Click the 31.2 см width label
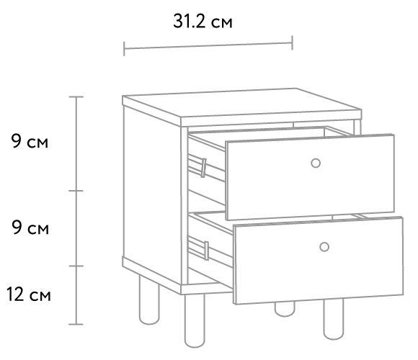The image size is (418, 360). pyautogui.click(x=203, y=22)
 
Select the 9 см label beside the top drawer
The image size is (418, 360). pyautogui.click(x=30, y=141)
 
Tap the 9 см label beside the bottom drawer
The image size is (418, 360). pyautogui.click(x=30, y=228)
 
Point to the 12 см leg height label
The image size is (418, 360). pyautogui.click(x=29, y=294)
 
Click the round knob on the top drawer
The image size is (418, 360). pyautogui.click(x=316, y=163)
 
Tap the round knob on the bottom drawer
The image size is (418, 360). pyautogui.click(x=324, y=247)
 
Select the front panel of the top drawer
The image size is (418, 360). pyautogui.click(x=310, y=177)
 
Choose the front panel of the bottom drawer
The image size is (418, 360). pyautogui.click(x=319, y=261)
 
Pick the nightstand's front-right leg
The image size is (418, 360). pyautogui.click(x=334, y=320)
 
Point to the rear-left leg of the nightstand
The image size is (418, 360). pyautogui.click(x=149, y=300)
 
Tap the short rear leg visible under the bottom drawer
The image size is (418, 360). pyautogui.click(x=285, y=309)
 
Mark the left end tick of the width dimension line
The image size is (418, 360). pyautogui.click(x=124, y=49)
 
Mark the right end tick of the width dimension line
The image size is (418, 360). pyautogui.click(x=293, y=42)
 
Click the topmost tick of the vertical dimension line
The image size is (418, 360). pyautogui.click(x=76, y=97)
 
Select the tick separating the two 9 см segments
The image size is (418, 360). pyautogui.click(x=76, y=191)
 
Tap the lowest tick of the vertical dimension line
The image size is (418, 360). pyautogui.click(x=76, y=324)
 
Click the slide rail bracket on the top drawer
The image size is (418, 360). pyautogui.click(x=203, y=168)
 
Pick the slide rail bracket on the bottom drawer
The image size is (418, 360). pyautogui.click(x=206, y=251)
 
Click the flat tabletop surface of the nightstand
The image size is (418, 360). pyautogui.click(x=241, y=103)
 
